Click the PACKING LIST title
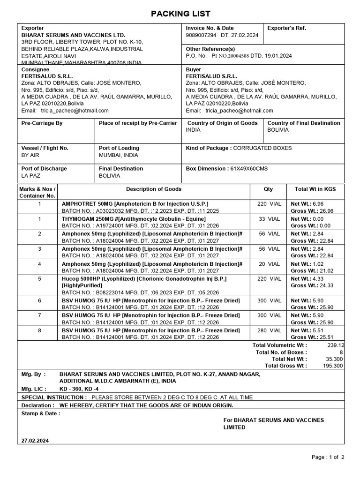180,14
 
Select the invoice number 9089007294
201,35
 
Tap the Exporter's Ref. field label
286,28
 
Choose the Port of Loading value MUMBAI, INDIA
118,155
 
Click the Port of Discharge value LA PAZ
31,176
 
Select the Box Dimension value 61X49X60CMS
249,169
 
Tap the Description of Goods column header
153,189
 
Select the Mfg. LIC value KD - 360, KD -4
79,389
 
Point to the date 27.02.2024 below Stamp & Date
35,441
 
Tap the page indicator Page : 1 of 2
328,457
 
